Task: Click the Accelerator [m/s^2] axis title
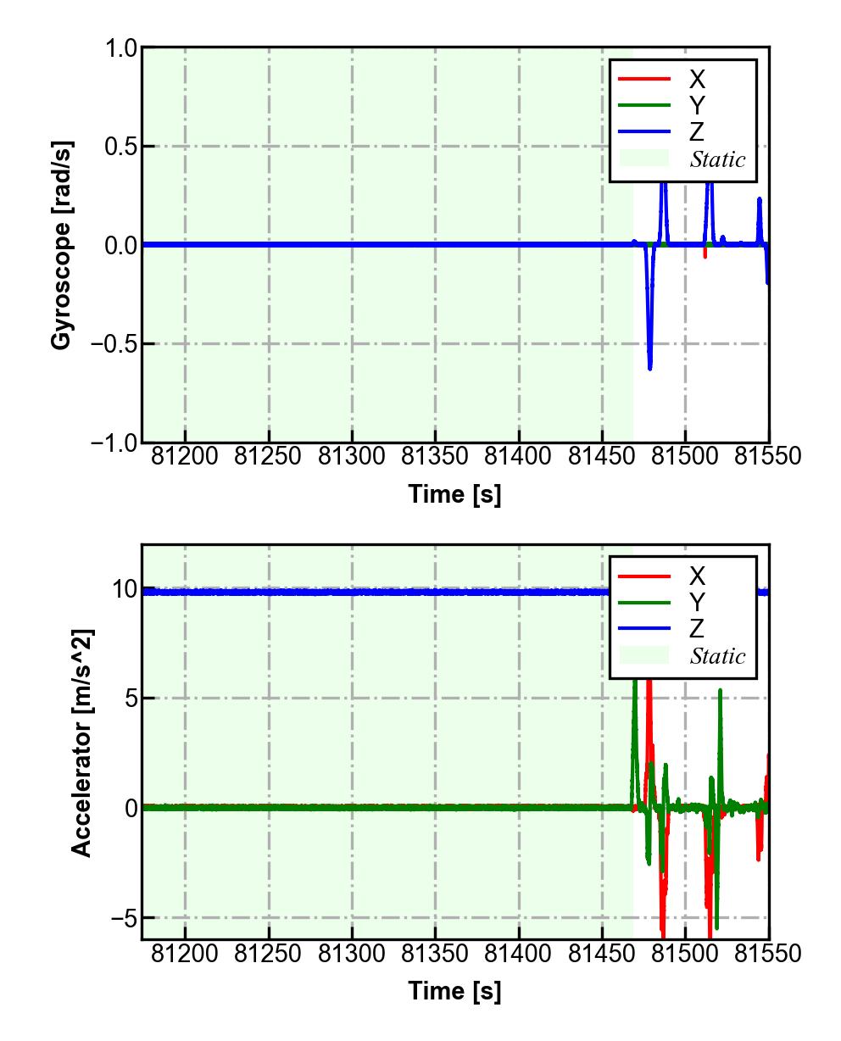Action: [82, 742]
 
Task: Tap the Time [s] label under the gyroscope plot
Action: [454, 493]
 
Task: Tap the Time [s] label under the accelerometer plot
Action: [454, 990]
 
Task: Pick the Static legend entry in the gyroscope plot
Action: [717, 159]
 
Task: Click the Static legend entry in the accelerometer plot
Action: [717, 656]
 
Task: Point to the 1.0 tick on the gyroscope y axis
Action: [121, 48]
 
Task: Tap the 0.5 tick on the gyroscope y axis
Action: [121, 147]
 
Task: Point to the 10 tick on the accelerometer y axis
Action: [125, 589]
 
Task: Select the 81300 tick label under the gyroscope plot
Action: [352, 456]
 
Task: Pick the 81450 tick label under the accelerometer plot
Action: [602, 954]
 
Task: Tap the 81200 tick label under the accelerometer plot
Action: [185, 954]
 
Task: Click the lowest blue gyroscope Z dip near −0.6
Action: [650, 369]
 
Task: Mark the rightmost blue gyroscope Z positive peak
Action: [760, 199]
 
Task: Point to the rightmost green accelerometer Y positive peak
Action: [721, 691]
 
